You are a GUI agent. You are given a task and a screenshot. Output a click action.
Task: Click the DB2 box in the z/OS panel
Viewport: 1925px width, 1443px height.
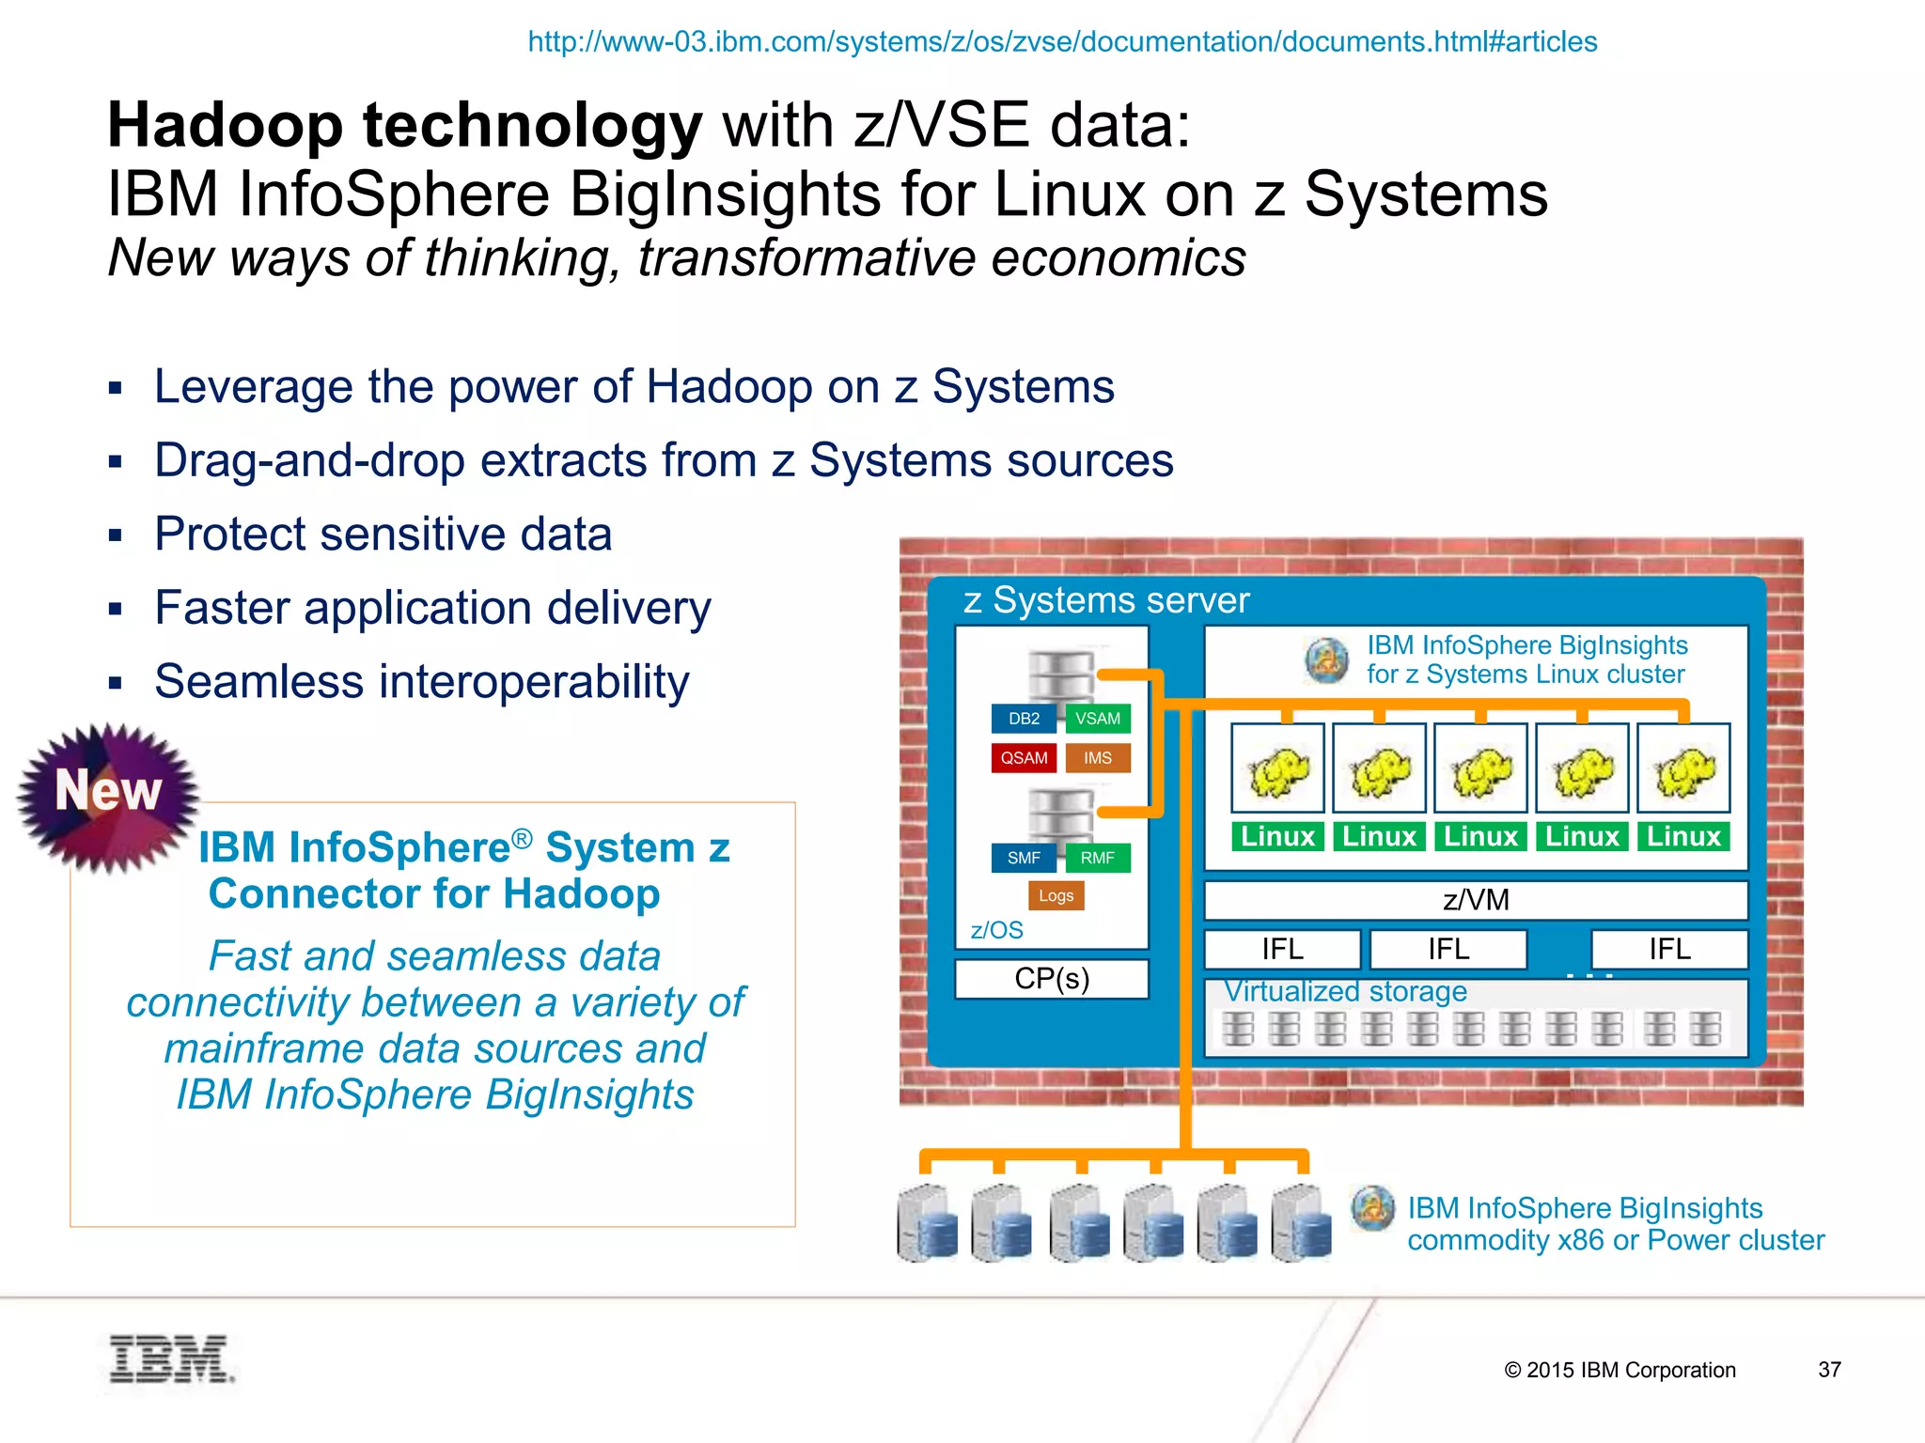[x=1024, y=719]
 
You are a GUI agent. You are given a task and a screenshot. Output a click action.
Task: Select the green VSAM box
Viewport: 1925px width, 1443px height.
[x=1098, y=719]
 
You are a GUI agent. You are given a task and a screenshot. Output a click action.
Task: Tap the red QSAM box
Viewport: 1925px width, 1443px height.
[x=1024, y=758]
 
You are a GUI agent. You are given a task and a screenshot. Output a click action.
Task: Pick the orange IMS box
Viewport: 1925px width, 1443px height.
[x=1098, y=758]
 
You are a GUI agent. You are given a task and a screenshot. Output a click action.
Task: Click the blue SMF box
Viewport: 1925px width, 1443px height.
[x=1024, y=858]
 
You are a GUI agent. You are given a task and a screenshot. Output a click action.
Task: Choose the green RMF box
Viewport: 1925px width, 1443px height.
[x=1098, y=858]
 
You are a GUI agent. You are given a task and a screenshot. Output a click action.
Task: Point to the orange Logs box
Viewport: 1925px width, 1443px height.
[x=1056, y=896]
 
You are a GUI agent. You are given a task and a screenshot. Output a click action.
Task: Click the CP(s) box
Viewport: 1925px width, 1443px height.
[x=1052, y=979]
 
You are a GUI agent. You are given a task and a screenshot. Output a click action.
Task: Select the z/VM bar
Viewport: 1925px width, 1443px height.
[x=1476, y=900]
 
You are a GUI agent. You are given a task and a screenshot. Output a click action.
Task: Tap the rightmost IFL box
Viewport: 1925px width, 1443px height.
[x=1669, y=949]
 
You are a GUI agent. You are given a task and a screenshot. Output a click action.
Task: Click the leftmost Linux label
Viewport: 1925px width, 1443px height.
[x=1277, y=836]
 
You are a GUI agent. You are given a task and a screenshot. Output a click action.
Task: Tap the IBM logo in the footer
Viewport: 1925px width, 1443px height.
[x=170, y=1358]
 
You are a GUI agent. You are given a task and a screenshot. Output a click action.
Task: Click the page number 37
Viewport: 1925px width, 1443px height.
[x=1829, y=1370]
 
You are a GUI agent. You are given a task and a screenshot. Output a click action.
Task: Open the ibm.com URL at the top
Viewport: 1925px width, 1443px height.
[x=1062, y=42]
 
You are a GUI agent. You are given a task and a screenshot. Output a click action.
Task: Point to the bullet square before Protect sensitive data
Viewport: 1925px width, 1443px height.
[x=116, y=535]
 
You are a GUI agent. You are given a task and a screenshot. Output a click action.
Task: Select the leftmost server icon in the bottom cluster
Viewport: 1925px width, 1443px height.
[x=928, y=1222]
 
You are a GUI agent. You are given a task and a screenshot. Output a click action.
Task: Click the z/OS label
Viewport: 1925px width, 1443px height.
[x=996, y=930]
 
